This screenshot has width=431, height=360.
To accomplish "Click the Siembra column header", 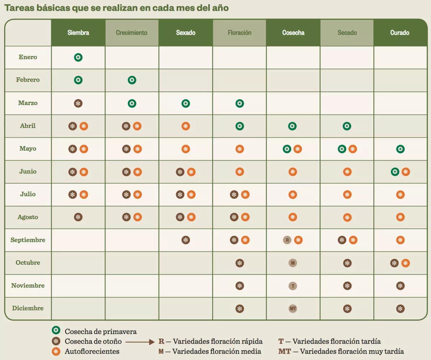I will tap(78, 33).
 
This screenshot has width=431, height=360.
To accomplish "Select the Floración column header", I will tap(240, 33).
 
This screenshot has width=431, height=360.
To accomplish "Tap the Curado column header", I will tap(400, 33).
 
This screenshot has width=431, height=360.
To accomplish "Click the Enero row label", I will tap(28, 57).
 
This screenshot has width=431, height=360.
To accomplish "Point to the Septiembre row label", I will tap(28, 240).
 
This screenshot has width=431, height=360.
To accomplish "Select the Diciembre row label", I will tap(28, 308).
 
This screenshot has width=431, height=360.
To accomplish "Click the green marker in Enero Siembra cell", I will tap(78, 57).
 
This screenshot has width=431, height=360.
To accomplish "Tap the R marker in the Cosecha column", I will tap(287, 240).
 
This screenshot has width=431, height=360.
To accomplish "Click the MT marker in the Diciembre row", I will tap(293, 309).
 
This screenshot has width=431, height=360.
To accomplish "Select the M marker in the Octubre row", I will tap(293, 263).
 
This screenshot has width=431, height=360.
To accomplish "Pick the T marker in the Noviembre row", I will tap(293, 286).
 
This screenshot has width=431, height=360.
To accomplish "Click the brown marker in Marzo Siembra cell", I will tap(78, 103).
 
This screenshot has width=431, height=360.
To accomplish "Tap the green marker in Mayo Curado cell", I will tap(400, 149).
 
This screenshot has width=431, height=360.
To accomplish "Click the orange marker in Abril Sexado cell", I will tap(186, 126).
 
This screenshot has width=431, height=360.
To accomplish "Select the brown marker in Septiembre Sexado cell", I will tap(186, 240).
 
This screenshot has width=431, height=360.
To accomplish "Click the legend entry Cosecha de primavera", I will tap(101, 331).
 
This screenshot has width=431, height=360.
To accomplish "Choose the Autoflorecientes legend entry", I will tap(92, 351).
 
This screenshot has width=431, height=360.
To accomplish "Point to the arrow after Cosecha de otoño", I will tap(140, 342).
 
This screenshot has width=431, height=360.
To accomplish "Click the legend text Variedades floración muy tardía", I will tap(352, 351).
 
